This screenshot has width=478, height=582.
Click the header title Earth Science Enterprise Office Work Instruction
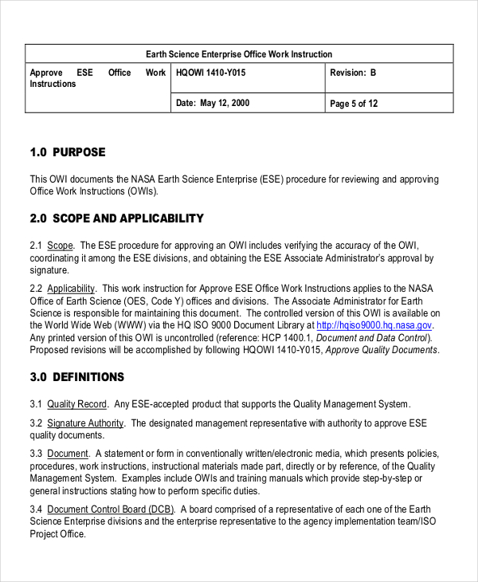click(x=239, y=54)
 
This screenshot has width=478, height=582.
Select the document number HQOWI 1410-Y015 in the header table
click(x=210, y=73)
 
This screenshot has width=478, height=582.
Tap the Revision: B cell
click(x=352, y=73)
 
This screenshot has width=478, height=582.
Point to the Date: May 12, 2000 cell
click(x=212, y=103)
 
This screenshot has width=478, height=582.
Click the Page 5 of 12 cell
click(x=353, y=103)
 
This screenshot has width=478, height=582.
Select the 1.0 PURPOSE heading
click(x=68, y=152)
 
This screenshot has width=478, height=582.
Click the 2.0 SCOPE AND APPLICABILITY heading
click(x=116, y=218)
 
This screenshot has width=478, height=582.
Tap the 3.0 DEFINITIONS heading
click(x=76, y=377)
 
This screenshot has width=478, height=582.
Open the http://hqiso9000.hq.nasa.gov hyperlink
click(x=374, y=325)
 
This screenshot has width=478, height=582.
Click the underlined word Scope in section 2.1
click(x=60, y=246)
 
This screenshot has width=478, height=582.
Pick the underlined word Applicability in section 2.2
click(x=71, y=289)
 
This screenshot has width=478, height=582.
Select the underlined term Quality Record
click(x=77, y=404)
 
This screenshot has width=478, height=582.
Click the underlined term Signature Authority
click(x=85, y=423)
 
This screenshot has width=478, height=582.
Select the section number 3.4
click(x=36, y=509)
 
